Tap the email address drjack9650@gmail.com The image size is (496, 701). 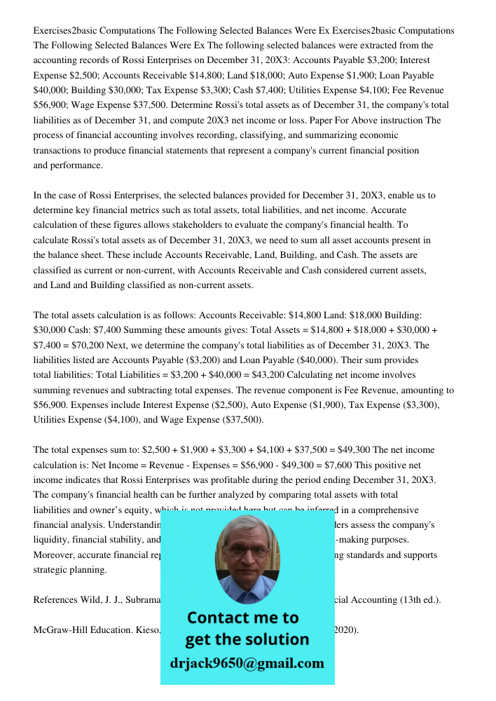coord(247,663)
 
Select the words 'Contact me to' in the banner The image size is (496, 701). coord(242,618)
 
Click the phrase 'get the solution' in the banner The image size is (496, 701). coord(247,639)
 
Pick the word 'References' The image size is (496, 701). coord(57,599)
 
